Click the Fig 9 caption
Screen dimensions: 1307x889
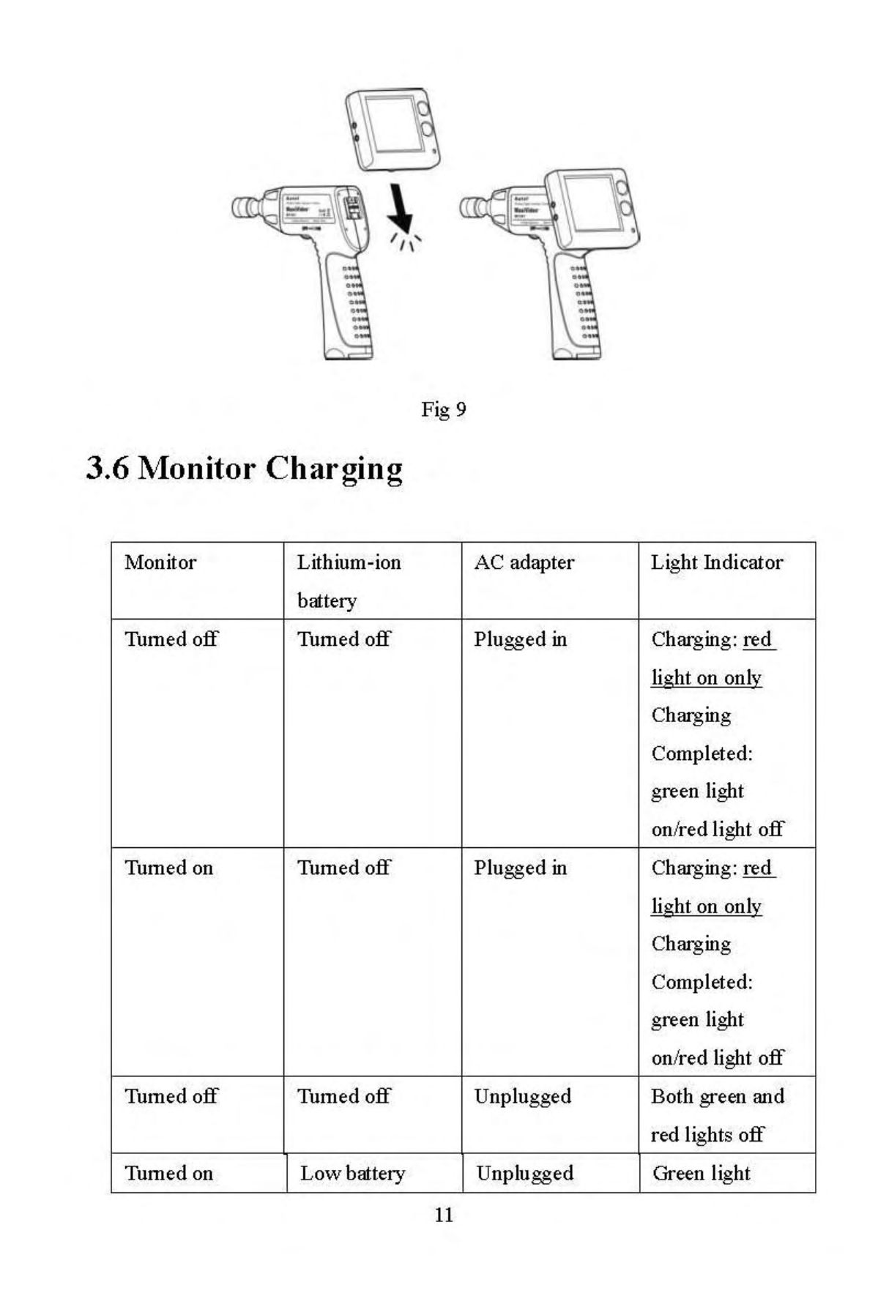coord(443,409)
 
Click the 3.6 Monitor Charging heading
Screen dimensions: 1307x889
coord(244,469)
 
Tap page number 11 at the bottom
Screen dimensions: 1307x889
coord(444,1215)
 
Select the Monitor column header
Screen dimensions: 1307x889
coord(160,563)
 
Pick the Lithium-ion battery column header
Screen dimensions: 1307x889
coord(349,581)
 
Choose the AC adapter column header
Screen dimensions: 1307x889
coord(524,563)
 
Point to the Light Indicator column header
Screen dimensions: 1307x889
coord(716,563)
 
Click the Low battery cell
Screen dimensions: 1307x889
coord(352,1174)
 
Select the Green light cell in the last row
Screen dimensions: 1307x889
coord(701,1174)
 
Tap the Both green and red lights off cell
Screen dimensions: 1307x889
coord(717,1115)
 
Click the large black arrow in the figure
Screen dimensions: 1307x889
coord(400,209)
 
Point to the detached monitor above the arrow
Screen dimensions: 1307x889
coord(393,129)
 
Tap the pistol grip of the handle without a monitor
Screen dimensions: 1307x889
coord(346,308)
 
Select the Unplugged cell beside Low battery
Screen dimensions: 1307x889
coord(524,1174)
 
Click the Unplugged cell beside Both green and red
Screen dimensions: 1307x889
coord(522,1097)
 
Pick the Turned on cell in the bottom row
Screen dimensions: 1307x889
coord(168,1174)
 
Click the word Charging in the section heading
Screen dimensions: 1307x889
coord(334,469)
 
